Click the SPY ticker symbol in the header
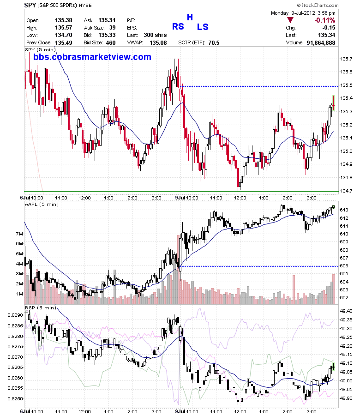30,5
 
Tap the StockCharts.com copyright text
318,5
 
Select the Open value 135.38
64,20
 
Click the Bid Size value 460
111,43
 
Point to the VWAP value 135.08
158,43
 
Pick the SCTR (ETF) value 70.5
214,43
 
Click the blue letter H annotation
190,17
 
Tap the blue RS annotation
178,26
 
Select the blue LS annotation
203,27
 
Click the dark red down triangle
290,20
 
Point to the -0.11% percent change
325,20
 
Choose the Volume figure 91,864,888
321,43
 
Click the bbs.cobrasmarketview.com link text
92,57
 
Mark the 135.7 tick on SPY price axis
346,59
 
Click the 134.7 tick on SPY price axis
346,191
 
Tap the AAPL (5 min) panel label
42,204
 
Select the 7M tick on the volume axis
19,234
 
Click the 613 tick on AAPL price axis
344,210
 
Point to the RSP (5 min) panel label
40,307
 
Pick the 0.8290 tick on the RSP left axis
15,315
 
